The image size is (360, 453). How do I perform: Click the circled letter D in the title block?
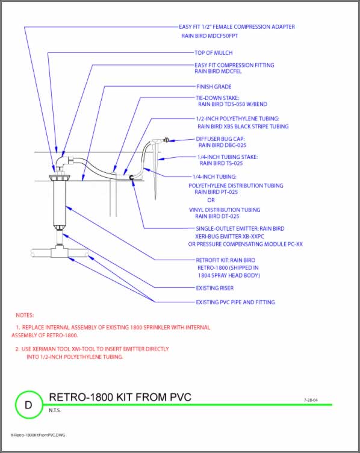pyautogui.click(x=27, y=404)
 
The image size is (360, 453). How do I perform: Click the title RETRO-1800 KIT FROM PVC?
pyautogui.click(x=119, y=397)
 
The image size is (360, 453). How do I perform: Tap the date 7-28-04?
pyautogui.click(x=311, y=399)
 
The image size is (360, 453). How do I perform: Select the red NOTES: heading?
pyautogui.click(x=25, y=315)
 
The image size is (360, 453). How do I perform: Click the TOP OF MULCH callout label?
pyautogui.click(x=213, y=53)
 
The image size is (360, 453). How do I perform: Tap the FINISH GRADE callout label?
pyautogui.click(x=214, y=87)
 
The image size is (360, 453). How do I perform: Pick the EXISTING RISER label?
pyautogui.click(x=214, y=288)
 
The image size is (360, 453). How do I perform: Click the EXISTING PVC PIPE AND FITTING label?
pyautogui.click(x=235, y=302)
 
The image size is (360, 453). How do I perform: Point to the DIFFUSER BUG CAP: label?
pyautogui.click(x=220, y=139)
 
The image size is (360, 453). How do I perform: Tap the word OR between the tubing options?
pyautogui.click(x=211, y=200)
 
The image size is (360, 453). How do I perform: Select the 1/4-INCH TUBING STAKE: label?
pyautogui.click(x=228, y=157)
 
